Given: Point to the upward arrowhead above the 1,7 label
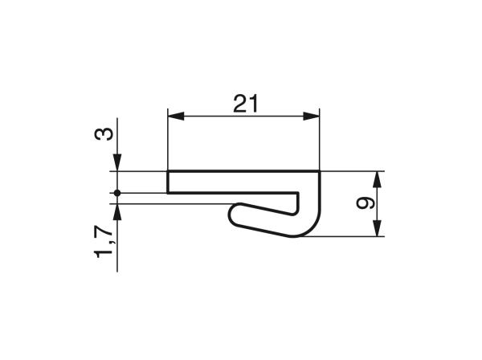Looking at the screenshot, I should tap(117, 211).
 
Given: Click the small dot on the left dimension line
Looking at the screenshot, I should tap(117, 193).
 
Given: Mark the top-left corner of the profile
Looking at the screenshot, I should tap(168, 171).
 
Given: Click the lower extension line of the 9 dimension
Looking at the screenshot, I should tap(345, 236).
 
